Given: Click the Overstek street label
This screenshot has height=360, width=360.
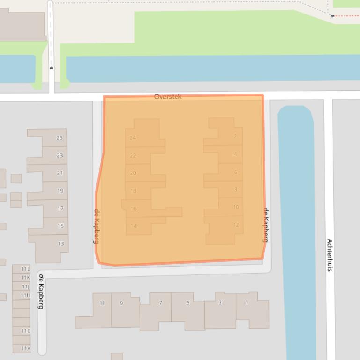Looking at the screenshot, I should click(168, 97).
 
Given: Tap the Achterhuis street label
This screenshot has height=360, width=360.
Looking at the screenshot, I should click(330, 255).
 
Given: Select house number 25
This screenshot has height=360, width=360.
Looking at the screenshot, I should click(59, 138).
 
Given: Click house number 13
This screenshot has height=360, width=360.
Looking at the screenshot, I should click(61, 244).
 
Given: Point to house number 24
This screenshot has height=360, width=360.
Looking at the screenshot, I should click(133, 138).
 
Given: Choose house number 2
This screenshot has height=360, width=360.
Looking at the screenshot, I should click(235, 137).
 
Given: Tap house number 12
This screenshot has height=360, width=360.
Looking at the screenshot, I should click(236, 225).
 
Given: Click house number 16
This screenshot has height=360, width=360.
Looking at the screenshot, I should click(133, 209).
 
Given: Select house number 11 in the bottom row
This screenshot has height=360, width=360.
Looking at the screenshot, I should click(102, 303).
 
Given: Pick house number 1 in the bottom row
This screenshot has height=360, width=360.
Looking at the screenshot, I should click(247, 302).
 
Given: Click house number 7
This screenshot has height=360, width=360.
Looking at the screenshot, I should click(161, 303).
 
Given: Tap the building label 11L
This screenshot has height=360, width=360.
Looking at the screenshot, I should click(25, 269).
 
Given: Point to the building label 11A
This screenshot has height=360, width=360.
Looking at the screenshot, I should click(25, 348).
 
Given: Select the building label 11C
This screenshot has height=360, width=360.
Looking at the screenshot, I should click(25, 331).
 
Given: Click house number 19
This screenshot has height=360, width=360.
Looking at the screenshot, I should click(60, 191).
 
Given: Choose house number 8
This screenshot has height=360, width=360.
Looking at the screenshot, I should click(236, 190).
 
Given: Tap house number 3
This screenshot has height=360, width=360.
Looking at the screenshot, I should click(220, 302).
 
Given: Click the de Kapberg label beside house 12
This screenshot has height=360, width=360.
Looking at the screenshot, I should click(265, 225).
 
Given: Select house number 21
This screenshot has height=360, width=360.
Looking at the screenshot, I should click(60, 173).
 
